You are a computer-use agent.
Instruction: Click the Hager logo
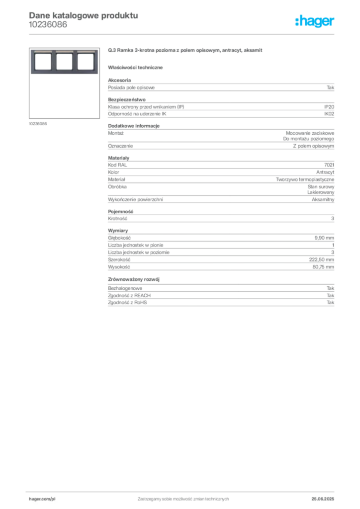[315, 21]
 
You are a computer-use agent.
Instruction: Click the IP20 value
[329, 107]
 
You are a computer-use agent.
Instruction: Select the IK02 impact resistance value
[329, 114]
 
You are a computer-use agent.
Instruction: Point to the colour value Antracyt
[325, 172]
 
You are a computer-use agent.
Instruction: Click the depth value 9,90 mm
[324, 238]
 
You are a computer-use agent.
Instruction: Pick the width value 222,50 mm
[321, 259]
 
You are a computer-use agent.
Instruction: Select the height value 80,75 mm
[323, 267]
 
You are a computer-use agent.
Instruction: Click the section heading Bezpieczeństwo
[127, 99]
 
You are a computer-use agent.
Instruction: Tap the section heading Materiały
[118, 158]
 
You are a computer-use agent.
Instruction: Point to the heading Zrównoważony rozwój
[134, 279]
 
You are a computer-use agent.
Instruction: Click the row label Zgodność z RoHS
[127, 303]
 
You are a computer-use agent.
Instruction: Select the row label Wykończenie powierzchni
[135, 200]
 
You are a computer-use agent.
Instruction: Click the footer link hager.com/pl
[42, 499]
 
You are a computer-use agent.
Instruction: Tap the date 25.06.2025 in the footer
[323, 499]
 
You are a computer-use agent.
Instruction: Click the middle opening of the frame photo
[64, 62]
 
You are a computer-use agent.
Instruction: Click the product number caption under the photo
[38, 124]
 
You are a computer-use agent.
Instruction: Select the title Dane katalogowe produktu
[84, 15]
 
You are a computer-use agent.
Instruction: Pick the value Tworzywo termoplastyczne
[305, 179]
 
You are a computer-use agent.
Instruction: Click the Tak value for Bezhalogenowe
[330, 288]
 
